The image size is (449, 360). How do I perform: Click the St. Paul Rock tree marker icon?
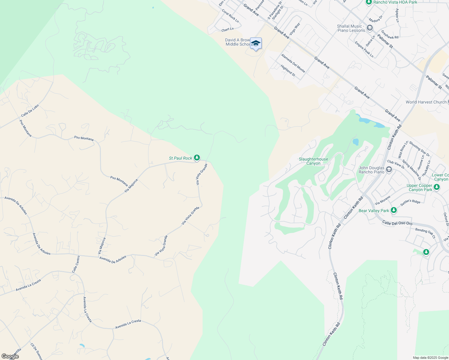tap(197, 157)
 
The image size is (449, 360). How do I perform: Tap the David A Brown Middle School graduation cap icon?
tap(256, 43)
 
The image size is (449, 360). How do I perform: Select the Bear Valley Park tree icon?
tap(394, 210)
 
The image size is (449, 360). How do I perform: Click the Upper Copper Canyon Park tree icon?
tap(437, 187)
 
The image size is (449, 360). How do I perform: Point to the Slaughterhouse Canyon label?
tap(313, 161)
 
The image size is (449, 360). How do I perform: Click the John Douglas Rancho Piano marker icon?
tap(389, 170)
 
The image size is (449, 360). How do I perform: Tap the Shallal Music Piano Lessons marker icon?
tap(370, 28)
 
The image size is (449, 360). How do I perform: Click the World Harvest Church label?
tap(426, 102)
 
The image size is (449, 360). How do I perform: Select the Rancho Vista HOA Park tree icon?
tap(369, 2)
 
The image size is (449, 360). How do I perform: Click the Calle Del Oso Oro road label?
tap(397, 223)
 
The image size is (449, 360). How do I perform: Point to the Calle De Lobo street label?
tap(30, 111)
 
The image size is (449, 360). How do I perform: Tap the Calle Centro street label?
tap(76, 264)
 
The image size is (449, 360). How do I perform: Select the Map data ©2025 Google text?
tap(430, 358)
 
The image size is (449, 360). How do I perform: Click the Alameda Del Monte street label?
tap(293, 63)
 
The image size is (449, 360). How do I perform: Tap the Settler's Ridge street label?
tap(410, 202)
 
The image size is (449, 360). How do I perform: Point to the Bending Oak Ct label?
tap(425, 233)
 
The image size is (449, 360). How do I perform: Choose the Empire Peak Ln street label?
tap(364, 49)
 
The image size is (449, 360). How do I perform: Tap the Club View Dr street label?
tap(396, 164)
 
